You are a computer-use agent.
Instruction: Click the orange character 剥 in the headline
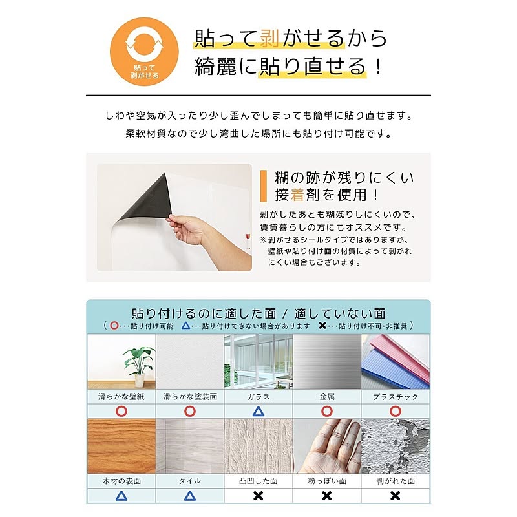(x=269, y=38)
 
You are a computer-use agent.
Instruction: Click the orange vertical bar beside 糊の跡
(x=262, y=186)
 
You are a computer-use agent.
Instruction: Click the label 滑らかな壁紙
(x=121, y=397)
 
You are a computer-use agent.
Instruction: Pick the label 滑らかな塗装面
(x=189, y=397)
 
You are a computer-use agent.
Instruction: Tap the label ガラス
(x=258, y=397)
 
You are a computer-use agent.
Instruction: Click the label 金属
(x=326, y=397)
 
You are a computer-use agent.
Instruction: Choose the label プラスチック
(x=395, y=397)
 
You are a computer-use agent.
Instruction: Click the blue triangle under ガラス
(x=258, y=412)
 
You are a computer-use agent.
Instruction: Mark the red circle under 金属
(x=326, y=412)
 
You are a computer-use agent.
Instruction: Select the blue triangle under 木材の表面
(x=121, y=496)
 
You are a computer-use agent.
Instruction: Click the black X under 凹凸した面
(x=258, y=496)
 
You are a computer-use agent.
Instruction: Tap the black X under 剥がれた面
(x=395, y=496)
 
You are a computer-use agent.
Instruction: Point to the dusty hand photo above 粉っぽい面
(x=326, y=447)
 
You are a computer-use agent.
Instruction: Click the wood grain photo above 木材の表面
(x=121, y=447)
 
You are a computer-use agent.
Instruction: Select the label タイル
(x=189, y=481)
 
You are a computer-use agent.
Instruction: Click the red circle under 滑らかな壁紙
(x=121, y=412)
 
